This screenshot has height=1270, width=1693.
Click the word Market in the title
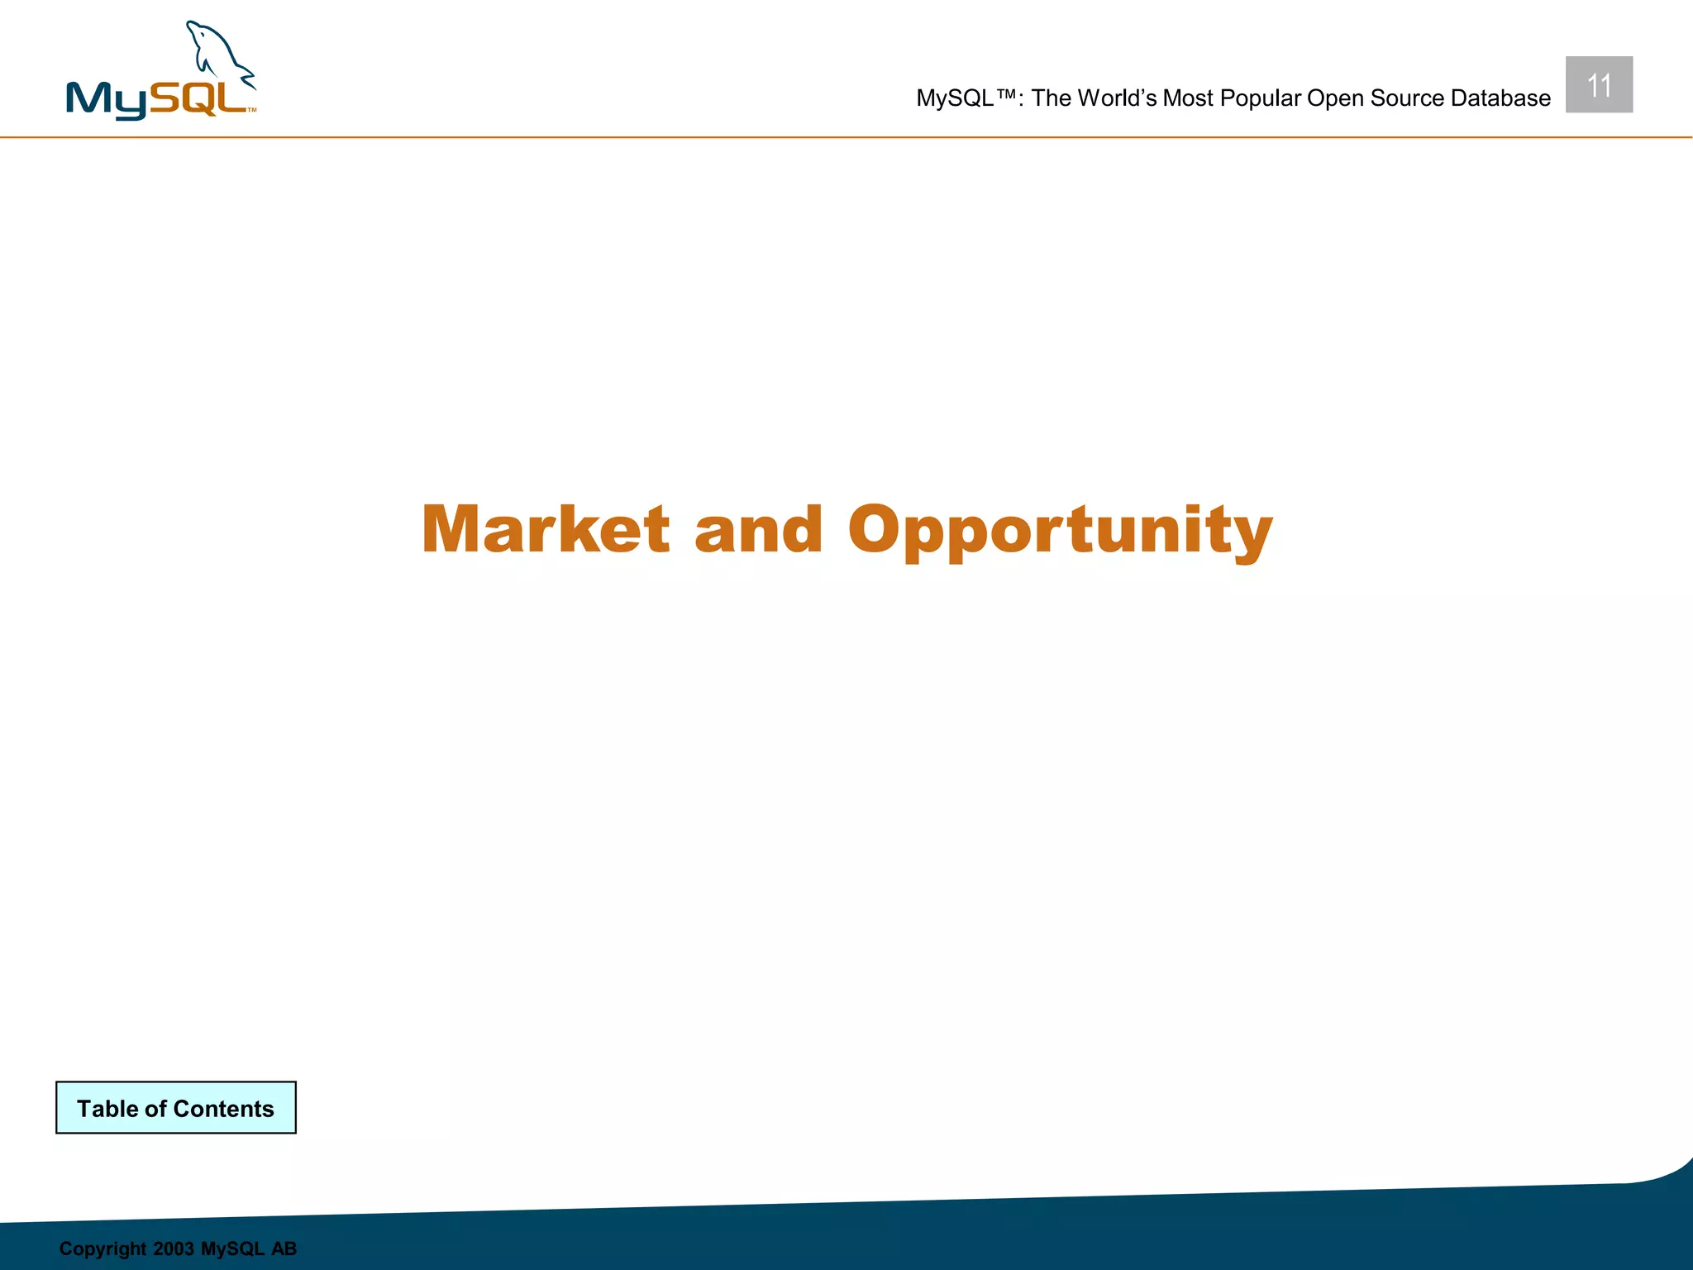546,529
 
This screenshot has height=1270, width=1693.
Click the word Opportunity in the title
1060,531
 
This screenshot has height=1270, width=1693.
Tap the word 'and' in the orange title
758,531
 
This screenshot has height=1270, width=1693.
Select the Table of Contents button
176,1108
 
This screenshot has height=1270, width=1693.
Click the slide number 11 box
1599,85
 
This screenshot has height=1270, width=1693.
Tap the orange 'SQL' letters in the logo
198,98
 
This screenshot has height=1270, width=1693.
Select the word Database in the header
1500,98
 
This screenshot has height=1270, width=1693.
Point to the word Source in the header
1406,98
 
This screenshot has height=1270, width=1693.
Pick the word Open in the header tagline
1334,99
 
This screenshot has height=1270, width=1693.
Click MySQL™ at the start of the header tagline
966,98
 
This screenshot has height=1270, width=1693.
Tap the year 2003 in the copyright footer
174,1249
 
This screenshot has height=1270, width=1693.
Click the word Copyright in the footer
103,1249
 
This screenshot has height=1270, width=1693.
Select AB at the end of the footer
284,1249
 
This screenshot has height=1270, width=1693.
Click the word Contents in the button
223,1109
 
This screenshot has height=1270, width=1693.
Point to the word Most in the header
1188,98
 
